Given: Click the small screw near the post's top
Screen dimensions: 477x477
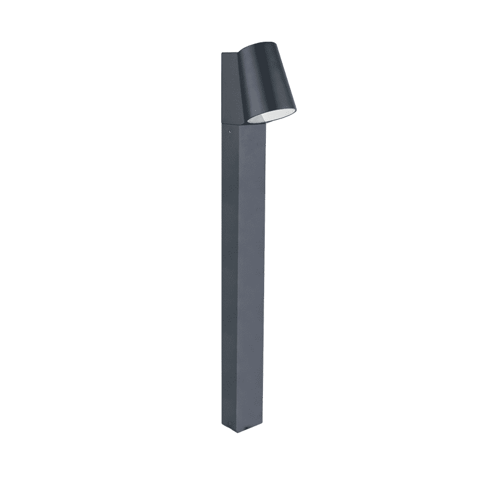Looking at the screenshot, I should [227, 128].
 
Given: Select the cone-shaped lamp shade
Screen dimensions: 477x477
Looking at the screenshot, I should [268, 80].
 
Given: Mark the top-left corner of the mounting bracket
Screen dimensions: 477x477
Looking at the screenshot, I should [222, 53].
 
